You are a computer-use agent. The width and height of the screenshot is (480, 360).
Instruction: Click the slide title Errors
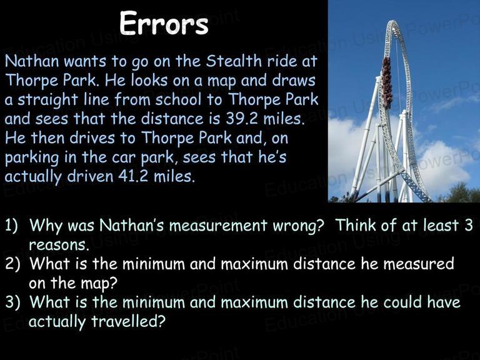164,24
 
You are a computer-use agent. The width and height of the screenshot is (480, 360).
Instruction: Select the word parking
32,158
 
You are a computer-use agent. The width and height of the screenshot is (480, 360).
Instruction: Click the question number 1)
11,225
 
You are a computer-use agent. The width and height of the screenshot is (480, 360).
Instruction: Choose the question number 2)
12,264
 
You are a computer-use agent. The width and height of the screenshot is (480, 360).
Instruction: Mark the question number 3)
12,302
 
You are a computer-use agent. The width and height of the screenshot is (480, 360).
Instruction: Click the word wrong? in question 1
298,226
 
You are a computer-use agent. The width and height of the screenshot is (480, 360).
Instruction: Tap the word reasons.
59,245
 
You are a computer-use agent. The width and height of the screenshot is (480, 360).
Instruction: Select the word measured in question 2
419,264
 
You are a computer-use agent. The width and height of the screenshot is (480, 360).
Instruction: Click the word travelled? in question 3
128,321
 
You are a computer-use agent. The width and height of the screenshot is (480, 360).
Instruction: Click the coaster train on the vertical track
387,82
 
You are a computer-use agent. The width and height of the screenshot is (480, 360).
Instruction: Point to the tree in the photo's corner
460,192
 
